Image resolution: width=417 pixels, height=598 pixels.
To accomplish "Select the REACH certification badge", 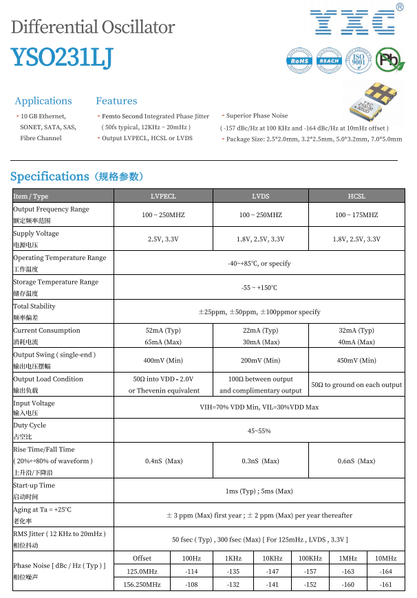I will (x=330, y=60).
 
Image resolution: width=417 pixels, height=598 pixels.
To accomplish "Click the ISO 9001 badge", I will (x=359, y=60).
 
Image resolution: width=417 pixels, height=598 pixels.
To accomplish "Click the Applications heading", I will (x=43, y=101).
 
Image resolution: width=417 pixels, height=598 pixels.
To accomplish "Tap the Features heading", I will (x=116, y=101).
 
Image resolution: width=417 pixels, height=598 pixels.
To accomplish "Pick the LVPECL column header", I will (x=163, y=197).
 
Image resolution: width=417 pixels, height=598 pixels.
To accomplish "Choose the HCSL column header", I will (x=356, y=197).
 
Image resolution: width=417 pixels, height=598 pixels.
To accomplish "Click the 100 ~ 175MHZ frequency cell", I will (x=356, y=215).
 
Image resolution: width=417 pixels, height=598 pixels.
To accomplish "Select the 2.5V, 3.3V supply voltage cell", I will (x=163, y=239).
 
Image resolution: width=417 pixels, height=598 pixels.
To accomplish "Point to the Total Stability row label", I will (x=34, y=306).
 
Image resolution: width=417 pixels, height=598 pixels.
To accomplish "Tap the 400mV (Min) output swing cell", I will (x=163, y=360).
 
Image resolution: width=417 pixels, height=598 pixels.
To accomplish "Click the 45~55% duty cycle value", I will (x=259, y=431).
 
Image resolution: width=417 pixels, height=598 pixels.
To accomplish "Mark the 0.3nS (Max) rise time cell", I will (x=260, y=461).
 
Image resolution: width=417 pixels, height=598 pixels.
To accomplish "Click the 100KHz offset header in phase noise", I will (x=310, y=558).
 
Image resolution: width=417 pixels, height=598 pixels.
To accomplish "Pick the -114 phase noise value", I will (x=191, y=571).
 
